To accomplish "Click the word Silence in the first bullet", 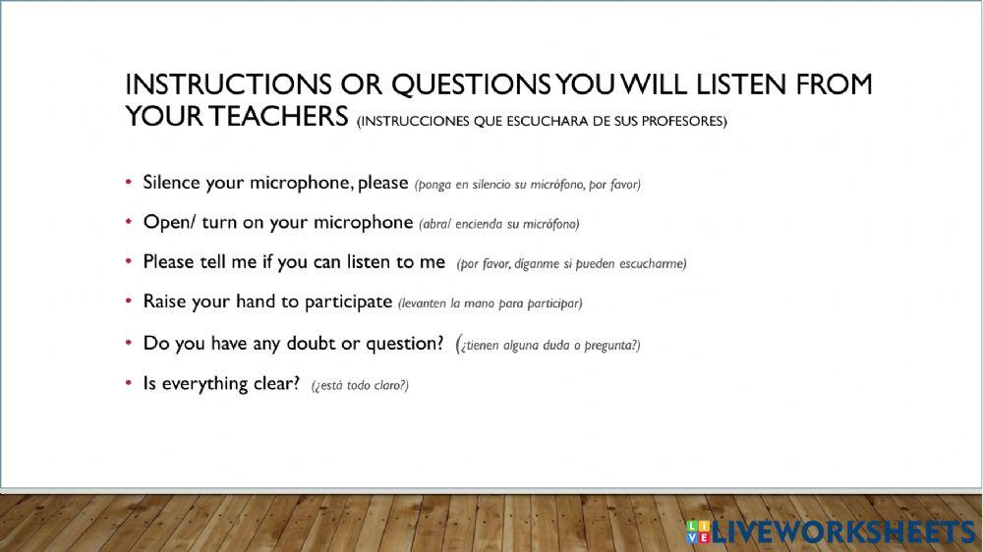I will pos(172,183).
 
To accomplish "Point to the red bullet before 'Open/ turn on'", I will pos(129,222).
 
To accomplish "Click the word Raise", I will pos(165,302).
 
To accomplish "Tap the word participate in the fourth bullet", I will pos(348,303).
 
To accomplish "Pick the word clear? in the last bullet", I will pos(275,383).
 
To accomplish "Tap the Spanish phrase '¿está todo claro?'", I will pos(360,386).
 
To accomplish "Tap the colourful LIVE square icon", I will pos(697,531).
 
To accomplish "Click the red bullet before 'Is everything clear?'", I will pos(129,383).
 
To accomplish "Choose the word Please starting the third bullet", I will pos(169,262).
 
